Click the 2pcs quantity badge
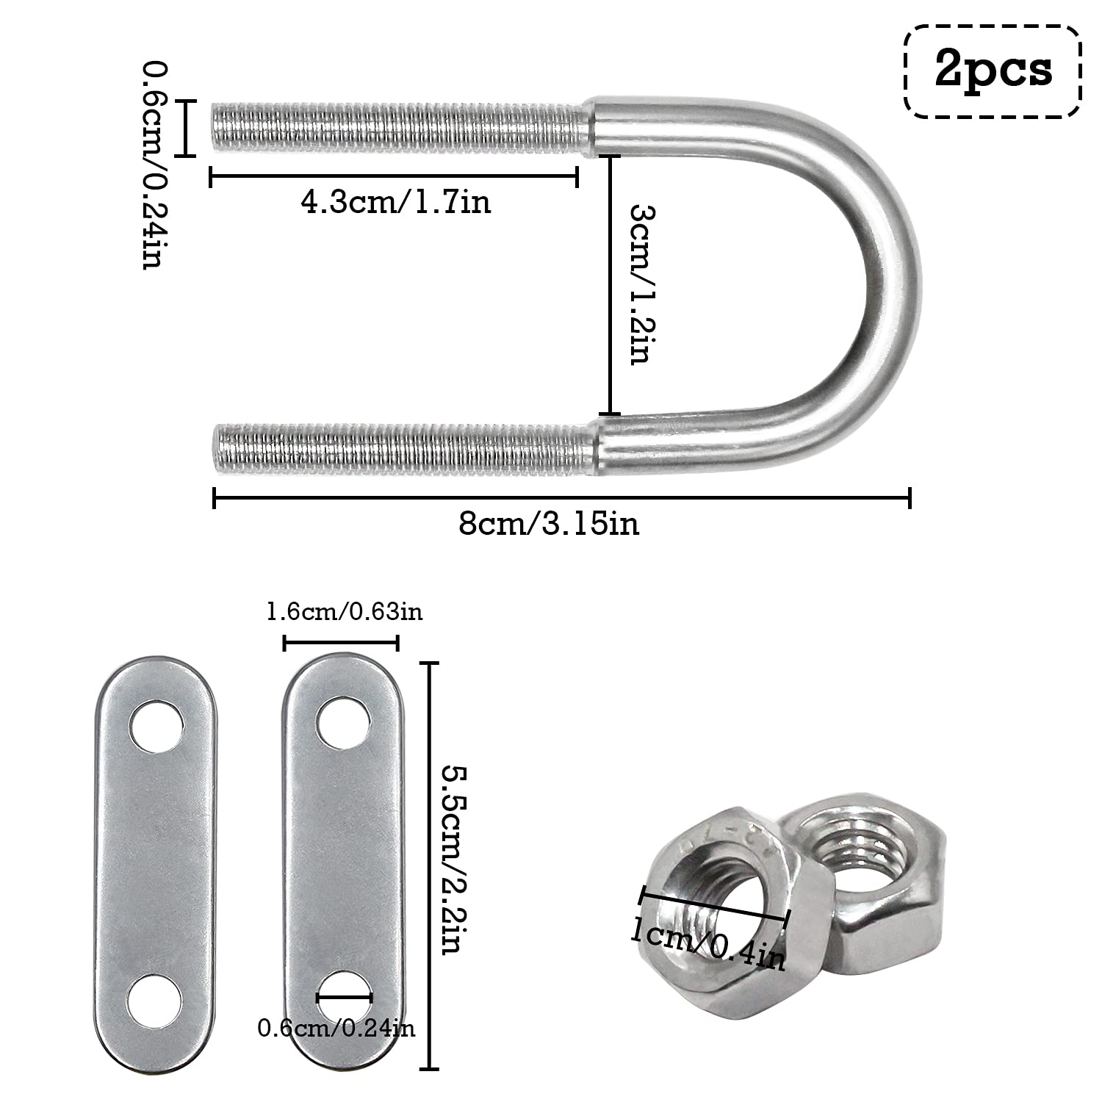(993, 71)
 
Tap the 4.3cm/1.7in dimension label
(395, 201)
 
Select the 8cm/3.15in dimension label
(549, 524)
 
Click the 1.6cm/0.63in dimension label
(345, 611)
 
